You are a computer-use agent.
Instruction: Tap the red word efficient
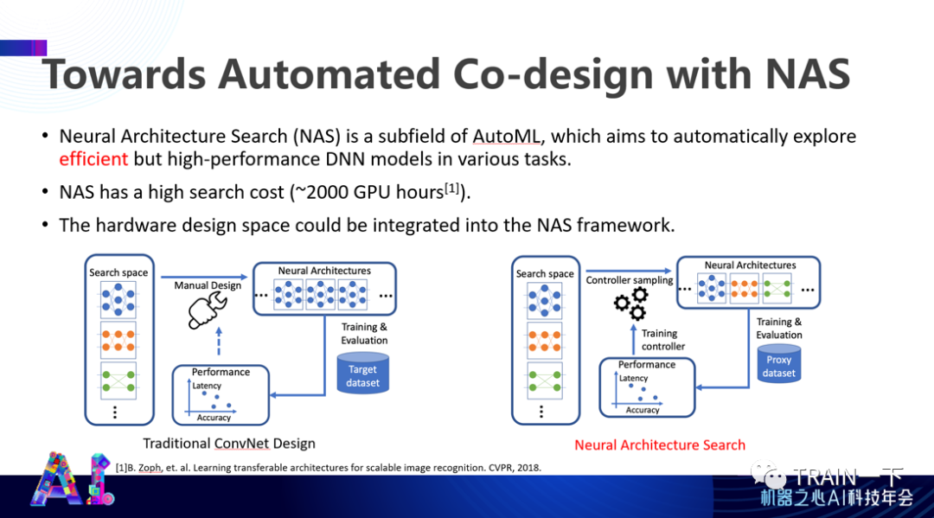point(93,158)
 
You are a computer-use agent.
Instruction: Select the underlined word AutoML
point(508,136)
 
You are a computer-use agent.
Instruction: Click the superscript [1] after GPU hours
point(454,188)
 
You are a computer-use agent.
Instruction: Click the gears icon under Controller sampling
point(630,304)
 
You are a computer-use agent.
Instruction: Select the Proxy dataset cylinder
point(778,367)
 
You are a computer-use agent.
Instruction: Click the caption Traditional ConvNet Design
point(228,444)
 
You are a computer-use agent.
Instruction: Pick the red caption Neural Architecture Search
point(660,444)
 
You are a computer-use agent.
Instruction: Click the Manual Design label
point(208,285)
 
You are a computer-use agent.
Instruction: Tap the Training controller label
point(662,340)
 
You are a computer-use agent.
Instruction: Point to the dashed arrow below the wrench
point(219,342)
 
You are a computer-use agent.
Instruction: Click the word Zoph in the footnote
point(153,468)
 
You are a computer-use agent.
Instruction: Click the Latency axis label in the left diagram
point(207,386)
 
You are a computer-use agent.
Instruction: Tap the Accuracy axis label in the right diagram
point(643,410)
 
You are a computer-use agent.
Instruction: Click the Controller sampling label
point(629,280)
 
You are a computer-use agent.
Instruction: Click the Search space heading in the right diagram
point(545,273)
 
